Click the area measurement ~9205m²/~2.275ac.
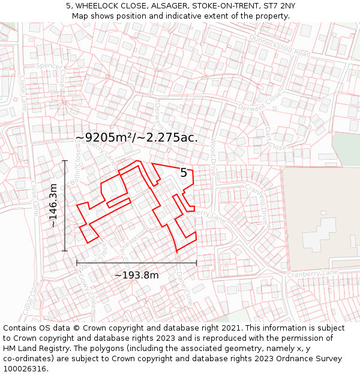coord(136,137)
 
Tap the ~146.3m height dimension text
coord(53,205)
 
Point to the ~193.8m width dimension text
coord(136,275)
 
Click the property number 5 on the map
coord(184,173)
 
